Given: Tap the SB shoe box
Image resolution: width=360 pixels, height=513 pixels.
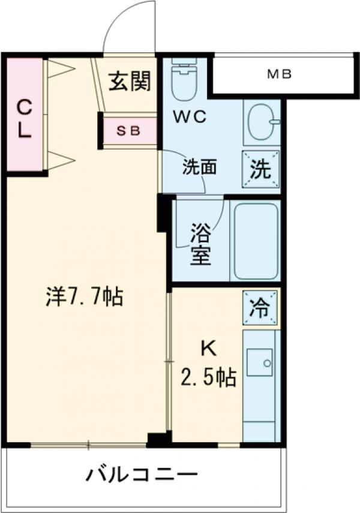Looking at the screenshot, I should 128,131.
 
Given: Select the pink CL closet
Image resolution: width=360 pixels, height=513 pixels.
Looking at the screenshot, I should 24,114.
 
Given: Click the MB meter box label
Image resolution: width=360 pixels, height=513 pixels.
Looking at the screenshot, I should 279,75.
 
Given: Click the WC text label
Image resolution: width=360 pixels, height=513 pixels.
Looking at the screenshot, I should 190,117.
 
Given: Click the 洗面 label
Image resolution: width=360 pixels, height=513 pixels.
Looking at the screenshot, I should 199,167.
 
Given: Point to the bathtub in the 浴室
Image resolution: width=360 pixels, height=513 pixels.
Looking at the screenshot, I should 255,241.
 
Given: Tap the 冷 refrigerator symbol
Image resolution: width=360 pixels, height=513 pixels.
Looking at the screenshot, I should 260,308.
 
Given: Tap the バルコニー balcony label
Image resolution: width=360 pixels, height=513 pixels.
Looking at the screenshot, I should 142,476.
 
